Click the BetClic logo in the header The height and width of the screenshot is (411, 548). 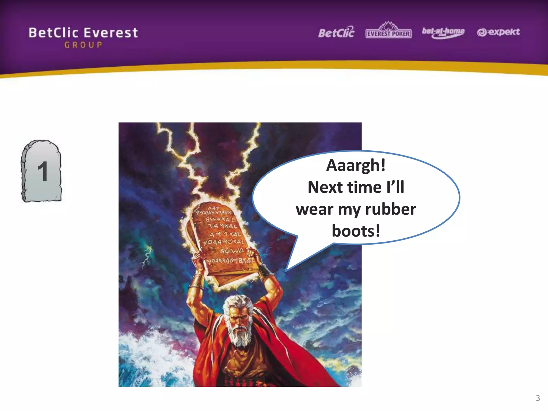pos(336,33)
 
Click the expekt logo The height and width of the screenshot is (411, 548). pos(498,32)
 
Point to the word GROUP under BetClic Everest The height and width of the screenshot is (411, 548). pos(83,45)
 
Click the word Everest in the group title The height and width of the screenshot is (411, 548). pos(111,33)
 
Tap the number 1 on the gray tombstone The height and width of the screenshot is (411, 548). pos(43,172)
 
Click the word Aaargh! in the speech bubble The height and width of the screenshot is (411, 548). pos(356,165)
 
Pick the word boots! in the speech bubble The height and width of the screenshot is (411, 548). pos(356,231)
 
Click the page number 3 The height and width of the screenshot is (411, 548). pos(538,398)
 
